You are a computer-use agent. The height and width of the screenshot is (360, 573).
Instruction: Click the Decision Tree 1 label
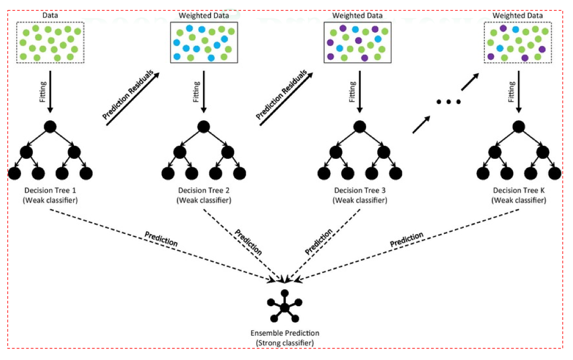[x=50, y=190]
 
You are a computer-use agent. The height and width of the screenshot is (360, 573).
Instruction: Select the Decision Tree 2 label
[x=203, y=190]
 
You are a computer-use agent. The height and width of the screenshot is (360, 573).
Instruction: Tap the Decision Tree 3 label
[x=359, y=190]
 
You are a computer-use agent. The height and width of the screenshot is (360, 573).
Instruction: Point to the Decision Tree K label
[x=518, y=190]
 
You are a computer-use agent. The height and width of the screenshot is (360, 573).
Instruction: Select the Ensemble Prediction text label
[x=284, y=334]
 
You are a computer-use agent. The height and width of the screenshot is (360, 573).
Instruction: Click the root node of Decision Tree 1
[x=50, y=127]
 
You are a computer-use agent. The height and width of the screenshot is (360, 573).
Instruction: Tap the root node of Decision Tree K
[x=519, y=127]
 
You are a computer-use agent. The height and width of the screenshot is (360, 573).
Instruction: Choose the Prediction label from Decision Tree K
[x=407, y=239]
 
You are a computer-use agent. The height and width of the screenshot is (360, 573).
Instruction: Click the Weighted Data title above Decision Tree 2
[x=203, y=16]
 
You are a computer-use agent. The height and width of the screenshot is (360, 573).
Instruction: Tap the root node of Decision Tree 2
[x=204, y=127]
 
